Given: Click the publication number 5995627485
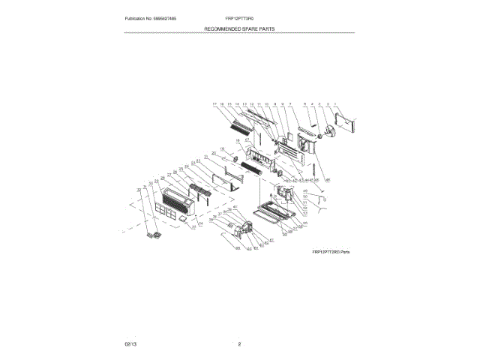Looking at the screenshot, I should tap(176, 18).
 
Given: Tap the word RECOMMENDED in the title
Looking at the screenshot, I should tap(221, 28).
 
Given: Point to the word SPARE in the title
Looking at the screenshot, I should tap(253, 28).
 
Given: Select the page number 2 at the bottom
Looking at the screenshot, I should tap(239, 343).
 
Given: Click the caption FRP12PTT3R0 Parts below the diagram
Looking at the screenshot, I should tap(331, 253).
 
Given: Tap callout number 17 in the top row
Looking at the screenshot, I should tap(214, 103).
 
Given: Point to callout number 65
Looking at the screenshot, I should tap(238, 248).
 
